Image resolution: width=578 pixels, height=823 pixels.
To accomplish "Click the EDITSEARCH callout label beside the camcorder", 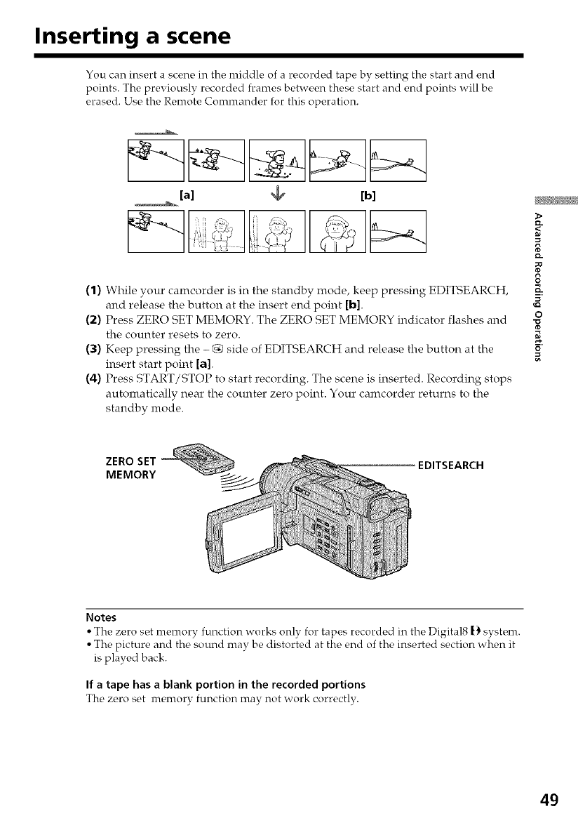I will [454, 464].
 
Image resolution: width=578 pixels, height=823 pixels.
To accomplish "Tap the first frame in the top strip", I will [154, 160].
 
